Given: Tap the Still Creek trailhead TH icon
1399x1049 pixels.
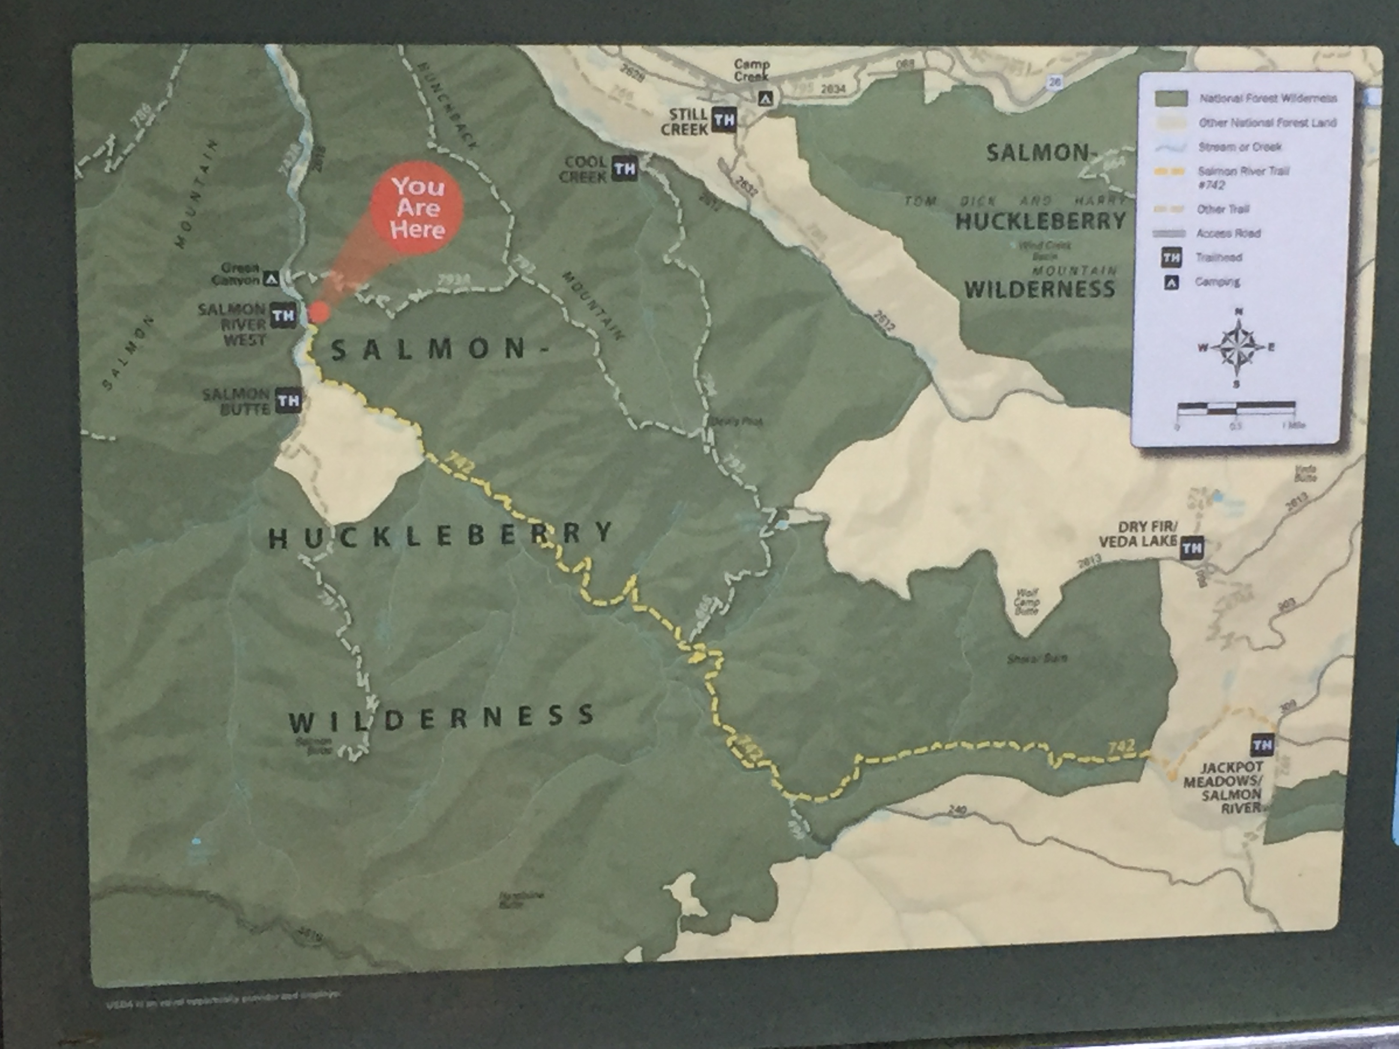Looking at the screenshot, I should point(724,120).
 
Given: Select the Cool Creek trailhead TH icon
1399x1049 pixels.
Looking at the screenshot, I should point(624,169).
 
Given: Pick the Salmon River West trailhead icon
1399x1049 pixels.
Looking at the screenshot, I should point(283,315).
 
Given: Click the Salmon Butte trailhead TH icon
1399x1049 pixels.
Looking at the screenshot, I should point(288,401).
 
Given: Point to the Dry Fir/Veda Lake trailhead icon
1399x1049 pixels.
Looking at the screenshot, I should point(1192,548).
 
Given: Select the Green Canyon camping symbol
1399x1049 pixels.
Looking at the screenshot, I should point(272,278).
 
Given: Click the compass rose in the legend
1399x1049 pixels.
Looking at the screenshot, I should point(1237,347).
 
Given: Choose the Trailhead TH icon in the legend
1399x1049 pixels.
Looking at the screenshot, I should point(1171,258).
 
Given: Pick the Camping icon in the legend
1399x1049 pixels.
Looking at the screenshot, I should point(1171,283).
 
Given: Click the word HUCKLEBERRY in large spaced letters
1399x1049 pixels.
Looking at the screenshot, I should point(441,535).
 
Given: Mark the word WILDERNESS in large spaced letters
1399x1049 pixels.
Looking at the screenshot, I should point(441,718).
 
